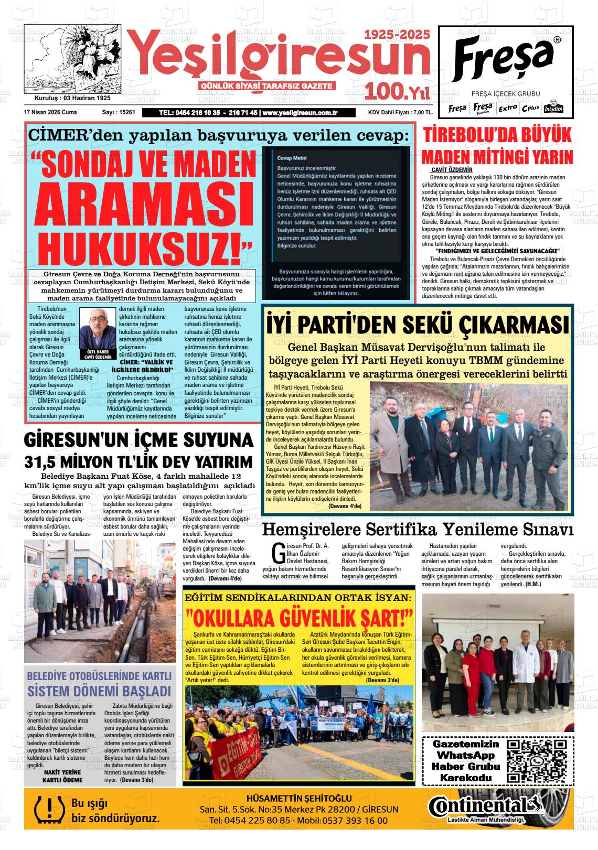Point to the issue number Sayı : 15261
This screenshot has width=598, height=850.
point(119,112)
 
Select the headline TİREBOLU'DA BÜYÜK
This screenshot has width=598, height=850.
point(497,135)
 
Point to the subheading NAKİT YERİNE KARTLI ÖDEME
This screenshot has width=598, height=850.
point(62,776)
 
